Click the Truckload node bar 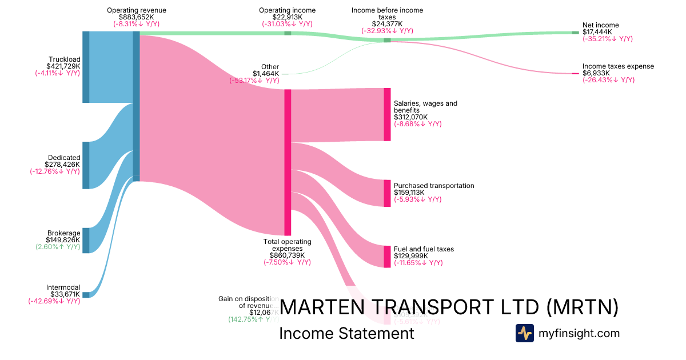(86, 67)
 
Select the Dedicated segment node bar (86, 165)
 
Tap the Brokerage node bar (86, 240)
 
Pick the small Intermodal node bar (86, 295)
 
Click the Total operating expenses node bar (288, 162)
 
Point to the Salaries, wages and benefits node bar (387, 114)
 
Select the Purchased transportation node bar (387, 193)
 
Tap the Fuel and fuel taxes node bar (387, 256)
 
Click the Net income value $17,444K (597, 32)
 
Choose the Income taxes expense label (618, 66)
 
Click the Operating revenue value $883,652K (136, 18)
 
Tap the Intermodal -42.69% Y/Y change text (54, 301)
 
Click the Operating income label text (287, 10)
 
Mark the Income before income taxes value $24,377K (387, 24)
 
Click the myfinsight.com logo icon (524, 333)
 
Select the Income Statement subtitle (346, 333)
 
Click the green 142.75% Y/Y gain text (248, 319)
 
